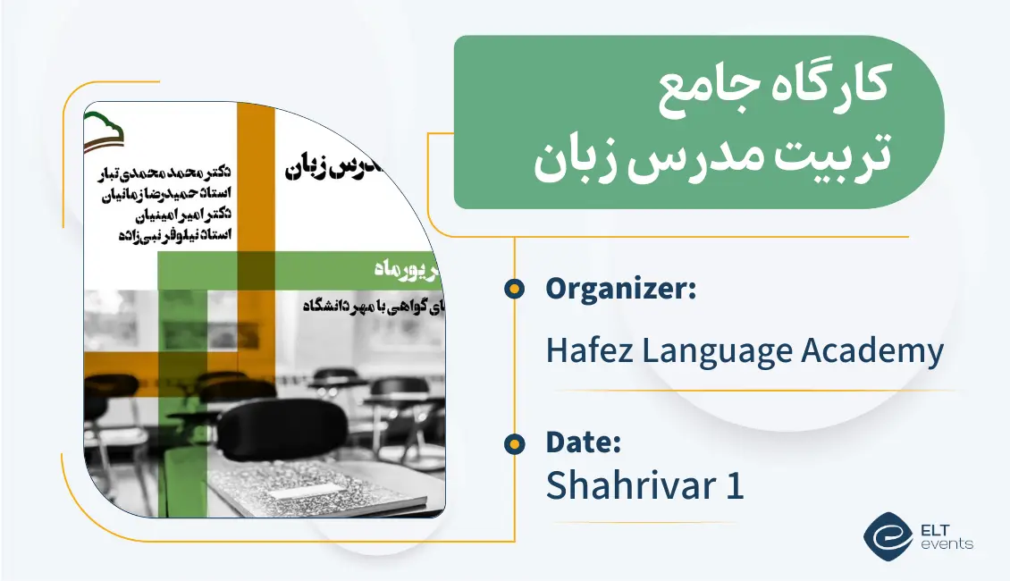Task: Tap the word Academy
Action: tap(871, 350)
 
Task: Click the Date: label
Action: tap(583, 442)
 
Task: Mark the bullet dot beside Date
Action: tap(514, 442)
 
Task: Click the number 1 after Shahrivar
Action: tap(735, 486)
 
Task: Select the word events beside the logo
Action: tap(950, 543)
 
